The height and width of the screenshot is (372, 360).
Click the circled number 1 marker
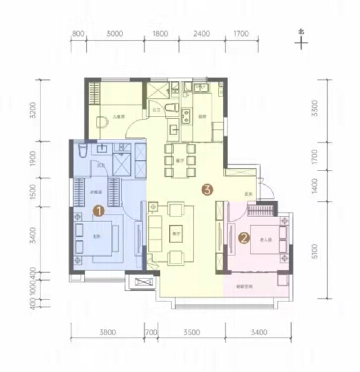tap(97, 211)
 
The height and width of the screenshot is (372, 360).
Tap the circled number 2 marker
tap(244, 237)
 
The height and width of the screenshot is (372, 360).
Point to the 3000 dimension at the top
tap(115, 33)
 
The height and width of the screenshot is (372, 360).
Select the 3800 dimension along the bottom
tap(107, 333)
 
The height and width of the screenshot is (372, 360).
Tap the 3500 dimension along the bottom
tap(192, 333)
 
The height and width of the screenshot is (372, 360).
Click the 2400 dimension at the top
tap(200, 33)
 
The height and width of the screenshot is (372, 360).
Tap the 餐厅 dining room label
tap(181, 159)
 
